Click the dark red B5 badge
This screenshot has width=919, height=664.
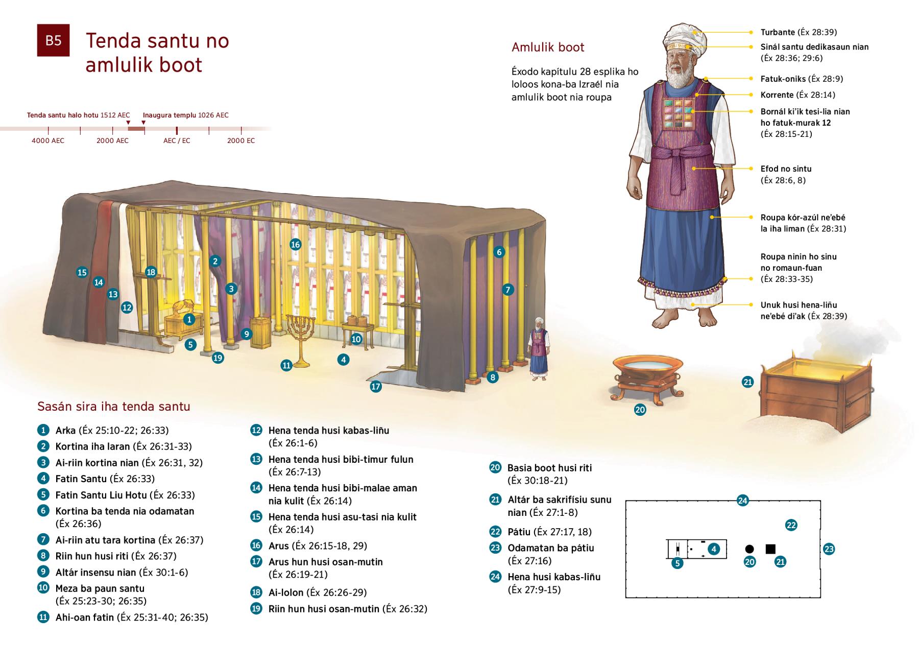point(53,40)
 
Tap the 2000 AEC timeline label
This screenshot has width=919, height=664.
point(112,140)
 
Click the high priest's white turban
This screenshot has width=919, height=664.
point(686,34)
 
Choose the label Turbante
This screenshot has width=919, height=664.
point(778,32)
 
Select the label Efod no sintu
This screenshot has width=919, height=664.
point(786,169)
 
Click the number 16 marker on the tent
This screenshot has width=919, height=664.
point(295,244)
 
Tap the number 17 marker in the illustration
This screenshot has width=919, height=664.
point(376,387)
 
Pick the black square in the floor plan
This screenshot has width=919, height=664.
point(770,549)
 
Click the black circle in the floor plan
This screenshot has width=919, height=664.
point(749,549)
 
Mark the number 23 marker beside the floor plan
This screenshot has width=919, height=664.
point(829,549)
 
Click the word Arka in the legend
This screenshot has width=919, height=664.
point(65,430)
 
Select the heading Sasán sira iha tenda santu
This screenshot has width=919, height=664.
point(114,407)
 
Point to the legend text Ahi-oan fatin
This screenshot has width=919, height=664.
point(85,617)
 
